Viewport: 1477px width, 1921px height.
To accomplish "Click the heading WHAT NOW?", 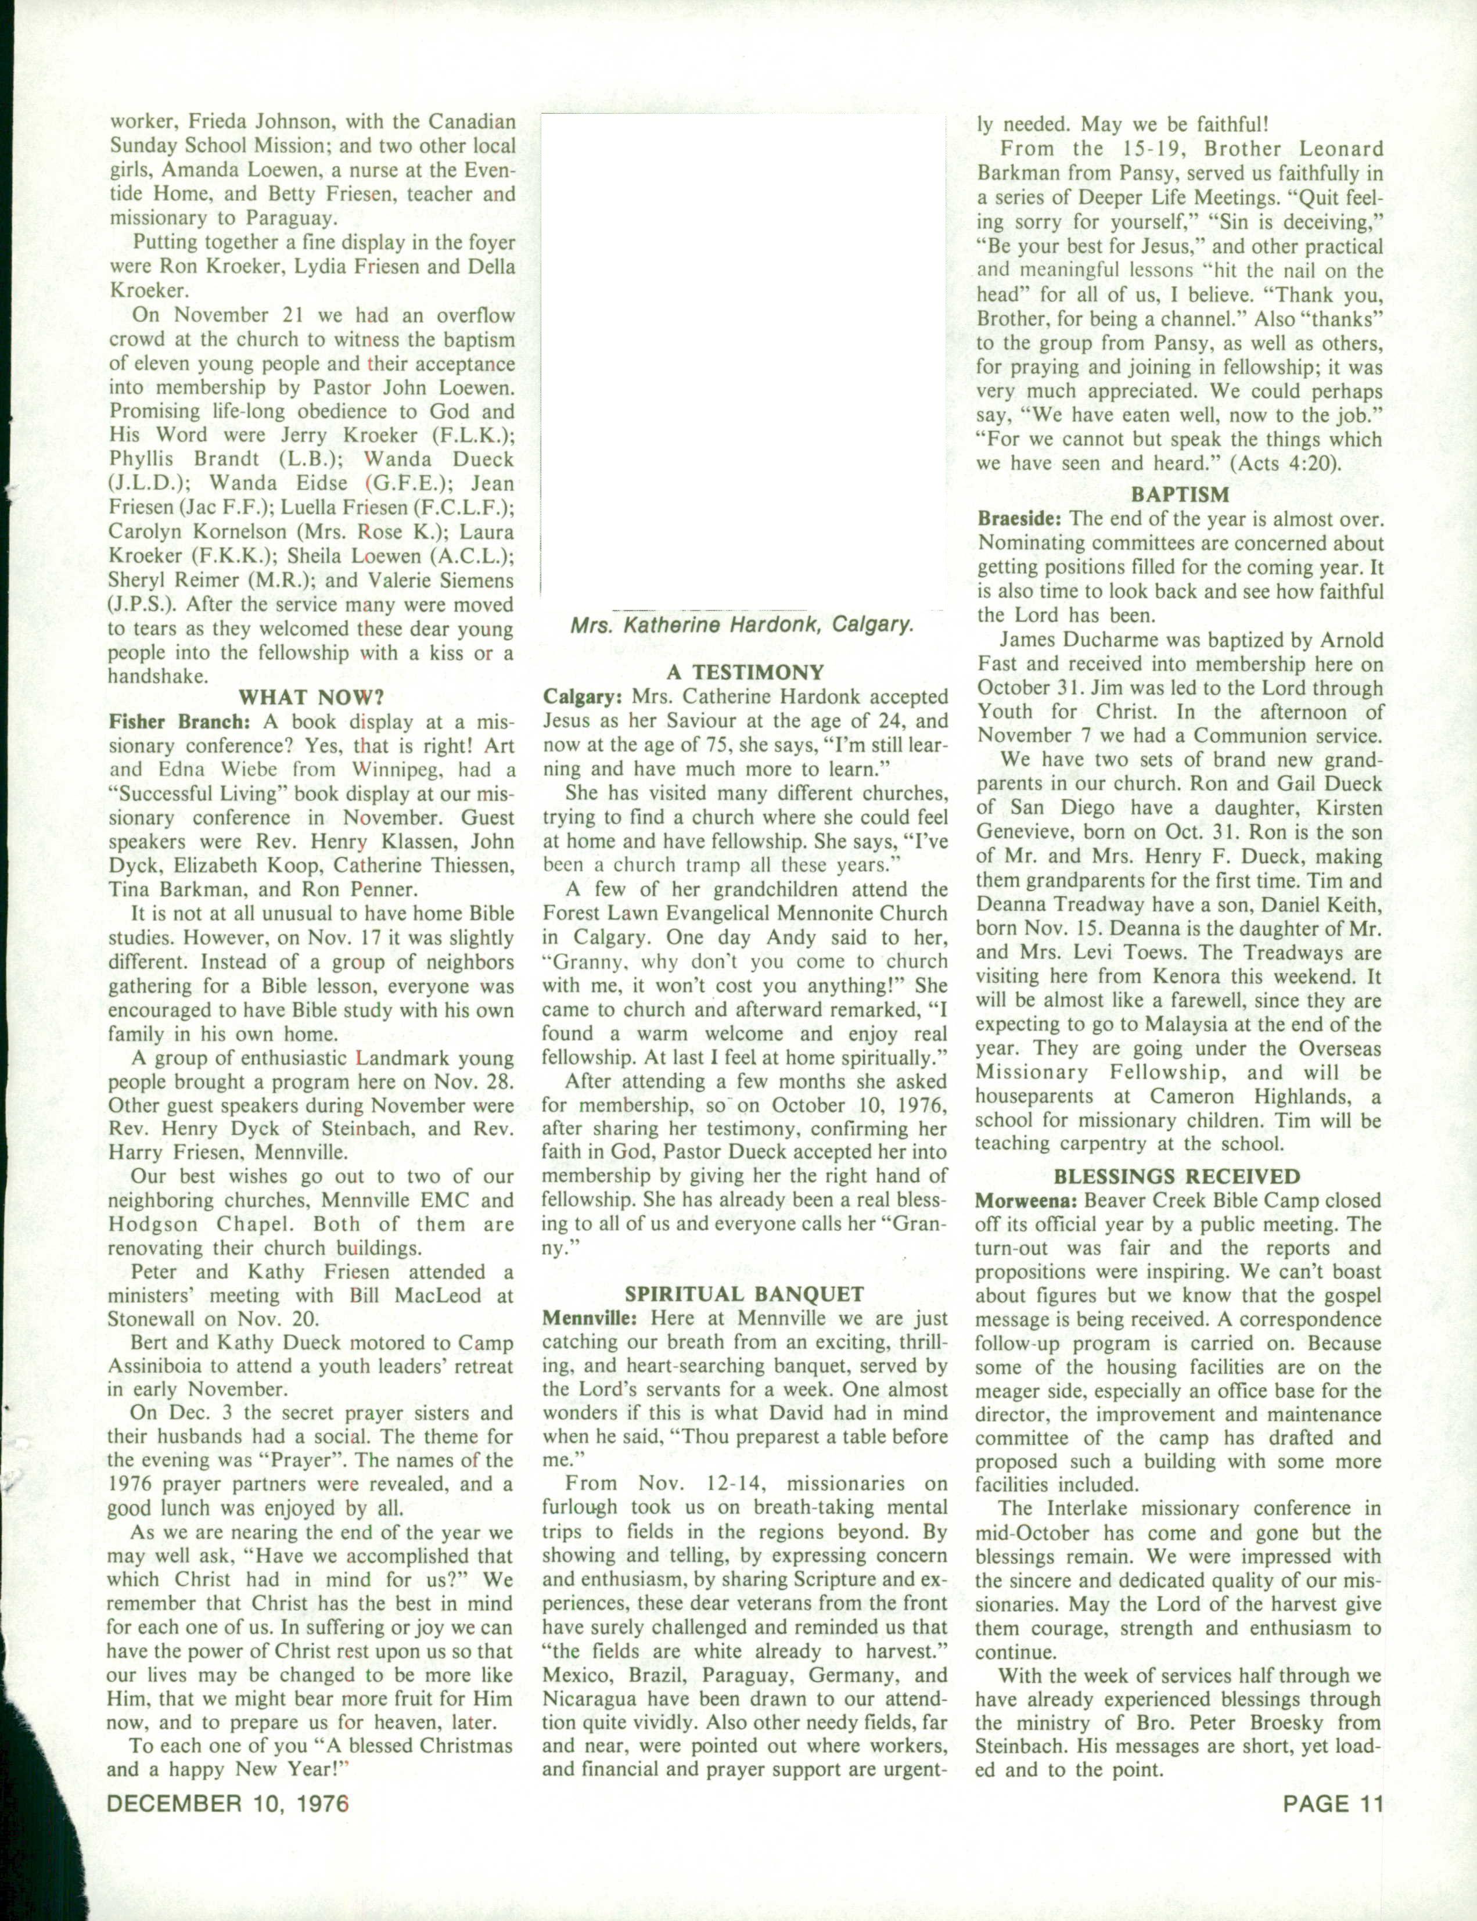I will [x=311, y=698].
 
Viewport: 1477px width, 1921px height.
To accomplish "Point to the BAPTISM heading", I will [x=1180, y=495].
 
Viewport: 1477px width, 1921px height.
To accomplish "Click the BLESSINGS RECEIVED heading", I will [x=1177, y=1176].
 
